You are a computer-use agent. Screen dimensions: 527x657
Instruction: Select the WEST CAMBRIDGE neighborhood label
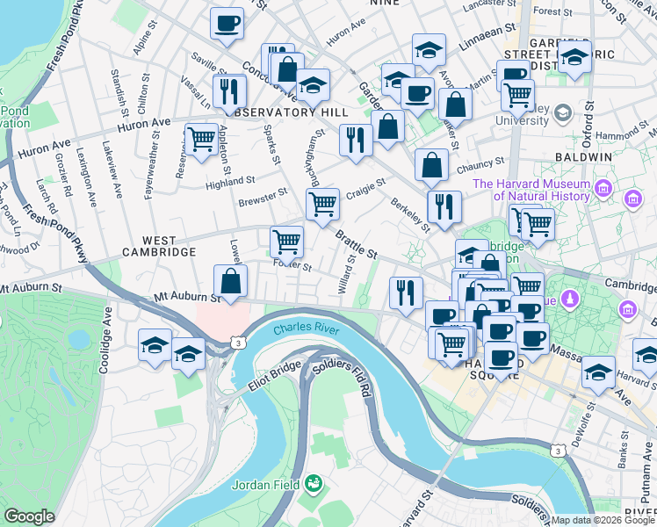coord(158,246)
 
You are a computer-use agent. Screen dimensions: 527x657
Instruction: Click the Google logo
coord(29,516)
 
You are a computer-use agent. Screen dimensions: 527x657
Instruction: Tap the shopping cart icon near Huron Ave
coord(202,140)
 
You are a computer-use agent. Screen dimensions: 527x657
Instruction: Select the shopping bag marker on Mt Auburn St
coord(230,282)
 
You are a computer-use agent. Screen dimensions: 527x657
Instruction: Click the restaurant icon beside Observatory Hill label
coord(228,90)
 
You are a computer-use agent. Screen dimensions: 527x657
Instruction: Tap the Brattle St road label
coord(356,245)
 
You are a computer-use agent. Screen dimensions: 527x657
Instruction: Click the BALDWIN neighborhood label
coord(582,156)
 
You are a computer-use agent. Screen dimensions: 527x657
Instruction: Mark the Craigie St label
coord(365,188)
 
